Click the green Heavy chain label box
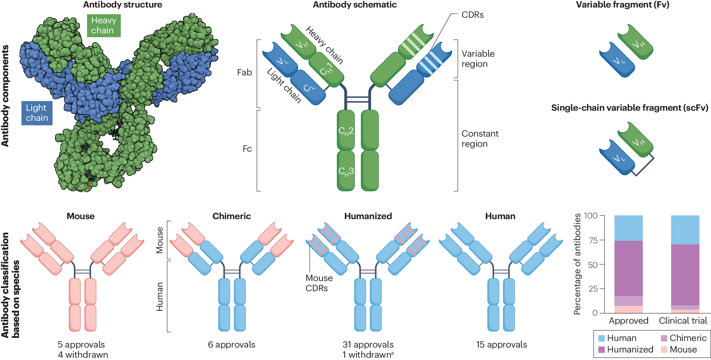click(104, 26)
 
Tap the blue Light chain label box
click(37, 113)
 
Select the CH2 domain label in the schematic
click(346, 131)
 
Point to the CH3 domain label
click(346, 171)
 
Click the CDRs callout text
click(472, 15)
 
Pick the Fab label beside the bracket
click(245, 72)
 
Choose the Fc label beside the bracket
click(247, 149)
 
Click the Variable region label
click(478, 59)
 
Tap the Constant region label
click(480, 139)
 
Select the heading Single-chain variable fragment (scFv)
click(629, 108)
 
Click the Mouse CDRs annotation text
click(319, 283)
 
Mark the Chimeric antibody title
click(231, 216)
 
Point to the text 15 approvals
click(501, 345)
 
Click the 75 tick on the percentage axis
click(593, 240)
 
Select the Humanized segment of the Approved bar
click(628, 269)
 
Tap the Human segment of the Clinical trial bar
click(685, 230)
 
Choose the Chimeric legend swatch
click(664, 338)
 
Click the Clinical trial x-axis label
click(683, 321)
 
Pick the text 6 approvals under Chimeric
click(231, 345)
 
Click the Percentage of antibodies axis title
click(577, 264)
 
